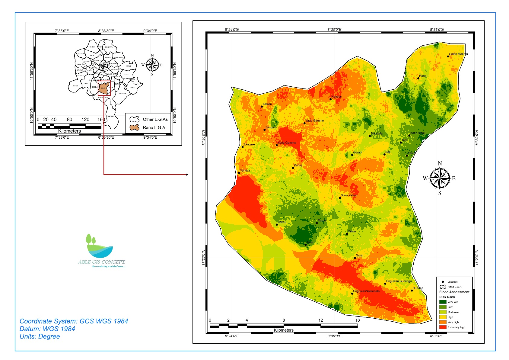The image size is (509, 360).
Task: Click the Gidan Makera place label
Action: (458, 54)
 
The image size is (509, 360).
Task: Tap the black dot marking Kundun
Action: (330, 99)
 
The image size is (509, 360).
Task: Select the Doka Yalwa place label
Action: (348, 195)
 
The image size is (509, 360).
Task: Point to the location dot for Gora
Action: (355, 258)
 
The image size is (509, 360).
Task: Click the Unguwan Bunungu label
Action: (399, 281)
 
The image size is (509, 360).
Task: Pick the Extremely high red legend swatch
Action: (443, 327)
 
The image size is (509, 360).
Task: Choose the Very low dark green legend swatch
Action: (443, 302)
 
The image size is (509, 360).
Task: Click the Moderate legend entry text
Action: (453, 312)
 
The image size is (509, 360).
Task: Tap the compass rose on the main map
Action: (440, 178)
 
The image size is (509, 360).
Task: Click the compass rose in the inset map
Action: (152, 65)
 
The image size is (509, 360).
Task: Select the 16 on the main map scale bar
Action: (357, 320)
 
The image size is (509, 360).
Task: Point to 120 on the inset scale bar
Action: (85, 120)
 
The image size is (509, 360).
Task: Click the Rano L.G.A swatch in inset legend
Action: (134, 127)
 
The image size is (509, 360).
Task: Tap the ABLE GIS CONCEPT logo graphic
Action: (100, 246)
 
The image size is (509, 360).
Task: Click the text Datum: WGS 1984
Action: (47, 329)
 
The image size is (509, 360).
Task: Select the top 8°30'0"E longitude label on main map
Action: (334, 30)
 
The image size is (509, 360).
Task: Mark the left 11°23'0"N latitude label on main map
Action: (203, 258)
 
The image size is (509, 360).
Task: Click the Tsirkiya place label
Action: (245, 171)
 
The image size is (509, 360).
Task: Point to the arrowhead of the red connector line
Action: (187, 175)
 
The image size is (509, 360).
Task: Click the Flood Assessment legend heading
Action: (454, 292)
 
